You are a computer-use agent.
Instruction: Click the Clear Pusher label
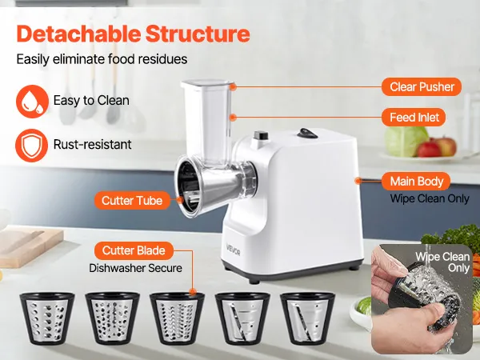pos(422,87)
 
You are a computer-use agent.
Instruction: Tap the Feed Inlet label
pos(414,118)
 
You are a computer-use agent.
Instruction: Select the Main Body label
pos(416,182)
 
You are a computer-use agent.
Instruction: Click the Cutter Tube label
pos(132,201)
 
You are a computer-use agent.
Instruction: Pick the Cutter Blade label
pos(134,250)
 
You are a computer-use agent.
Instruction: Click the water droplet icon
pos(32,102)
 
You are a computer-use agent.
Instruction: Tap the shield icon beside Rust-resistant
pos(31,145)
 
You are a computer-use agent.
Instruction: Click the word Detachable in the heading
pos(78,34)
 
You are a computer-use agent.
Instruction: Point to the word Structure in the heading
pos(198,34)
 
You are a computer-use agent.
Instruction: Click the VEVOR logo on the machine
pos(233,249)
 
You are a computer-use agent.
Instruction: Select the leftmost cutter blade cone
pos(47,318)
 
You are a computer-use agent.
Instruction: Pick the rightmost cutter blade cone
pos(308,318)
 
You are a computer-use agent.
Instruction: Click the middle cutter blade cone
pos(177,318)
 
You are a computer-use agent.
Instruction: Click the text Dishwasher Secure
pos(136,268)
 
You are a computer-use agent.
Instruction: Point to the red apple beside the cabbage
pos(429,149)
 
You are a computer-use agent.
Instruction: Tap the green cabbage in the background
pos(405,141)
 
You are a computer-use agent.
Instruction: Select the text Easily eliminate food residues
pos(102,59)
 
